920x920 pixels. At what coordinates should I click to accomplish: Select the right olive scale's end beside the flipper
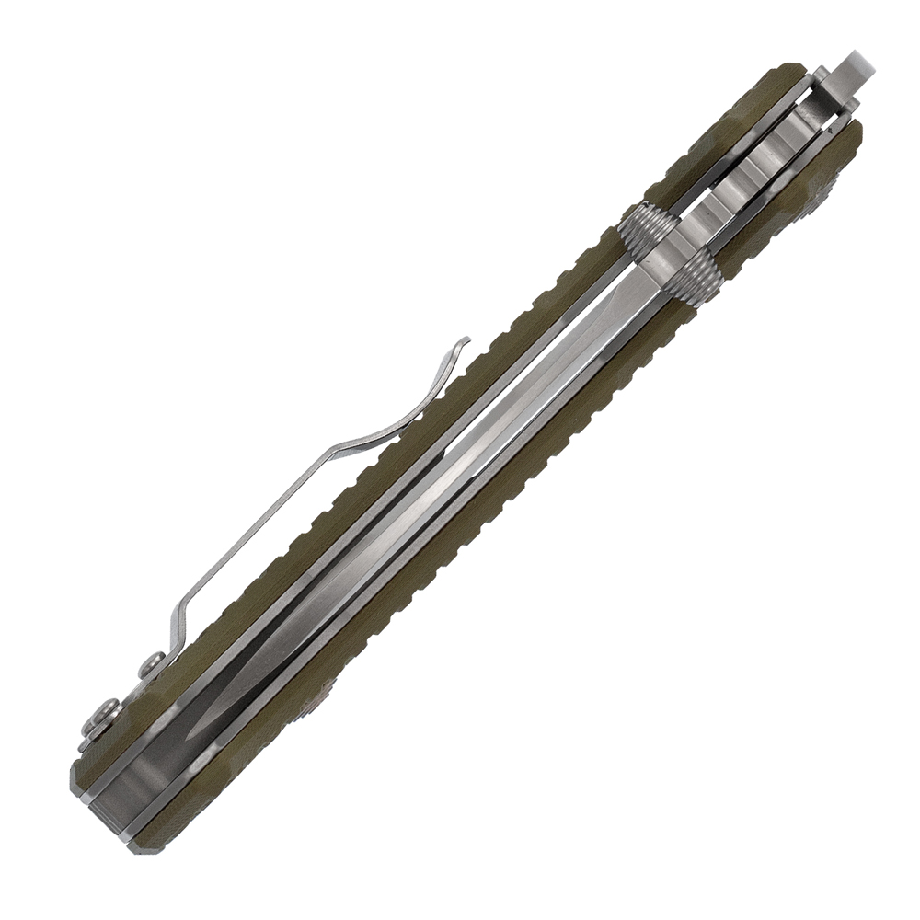tap(846, 138)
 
